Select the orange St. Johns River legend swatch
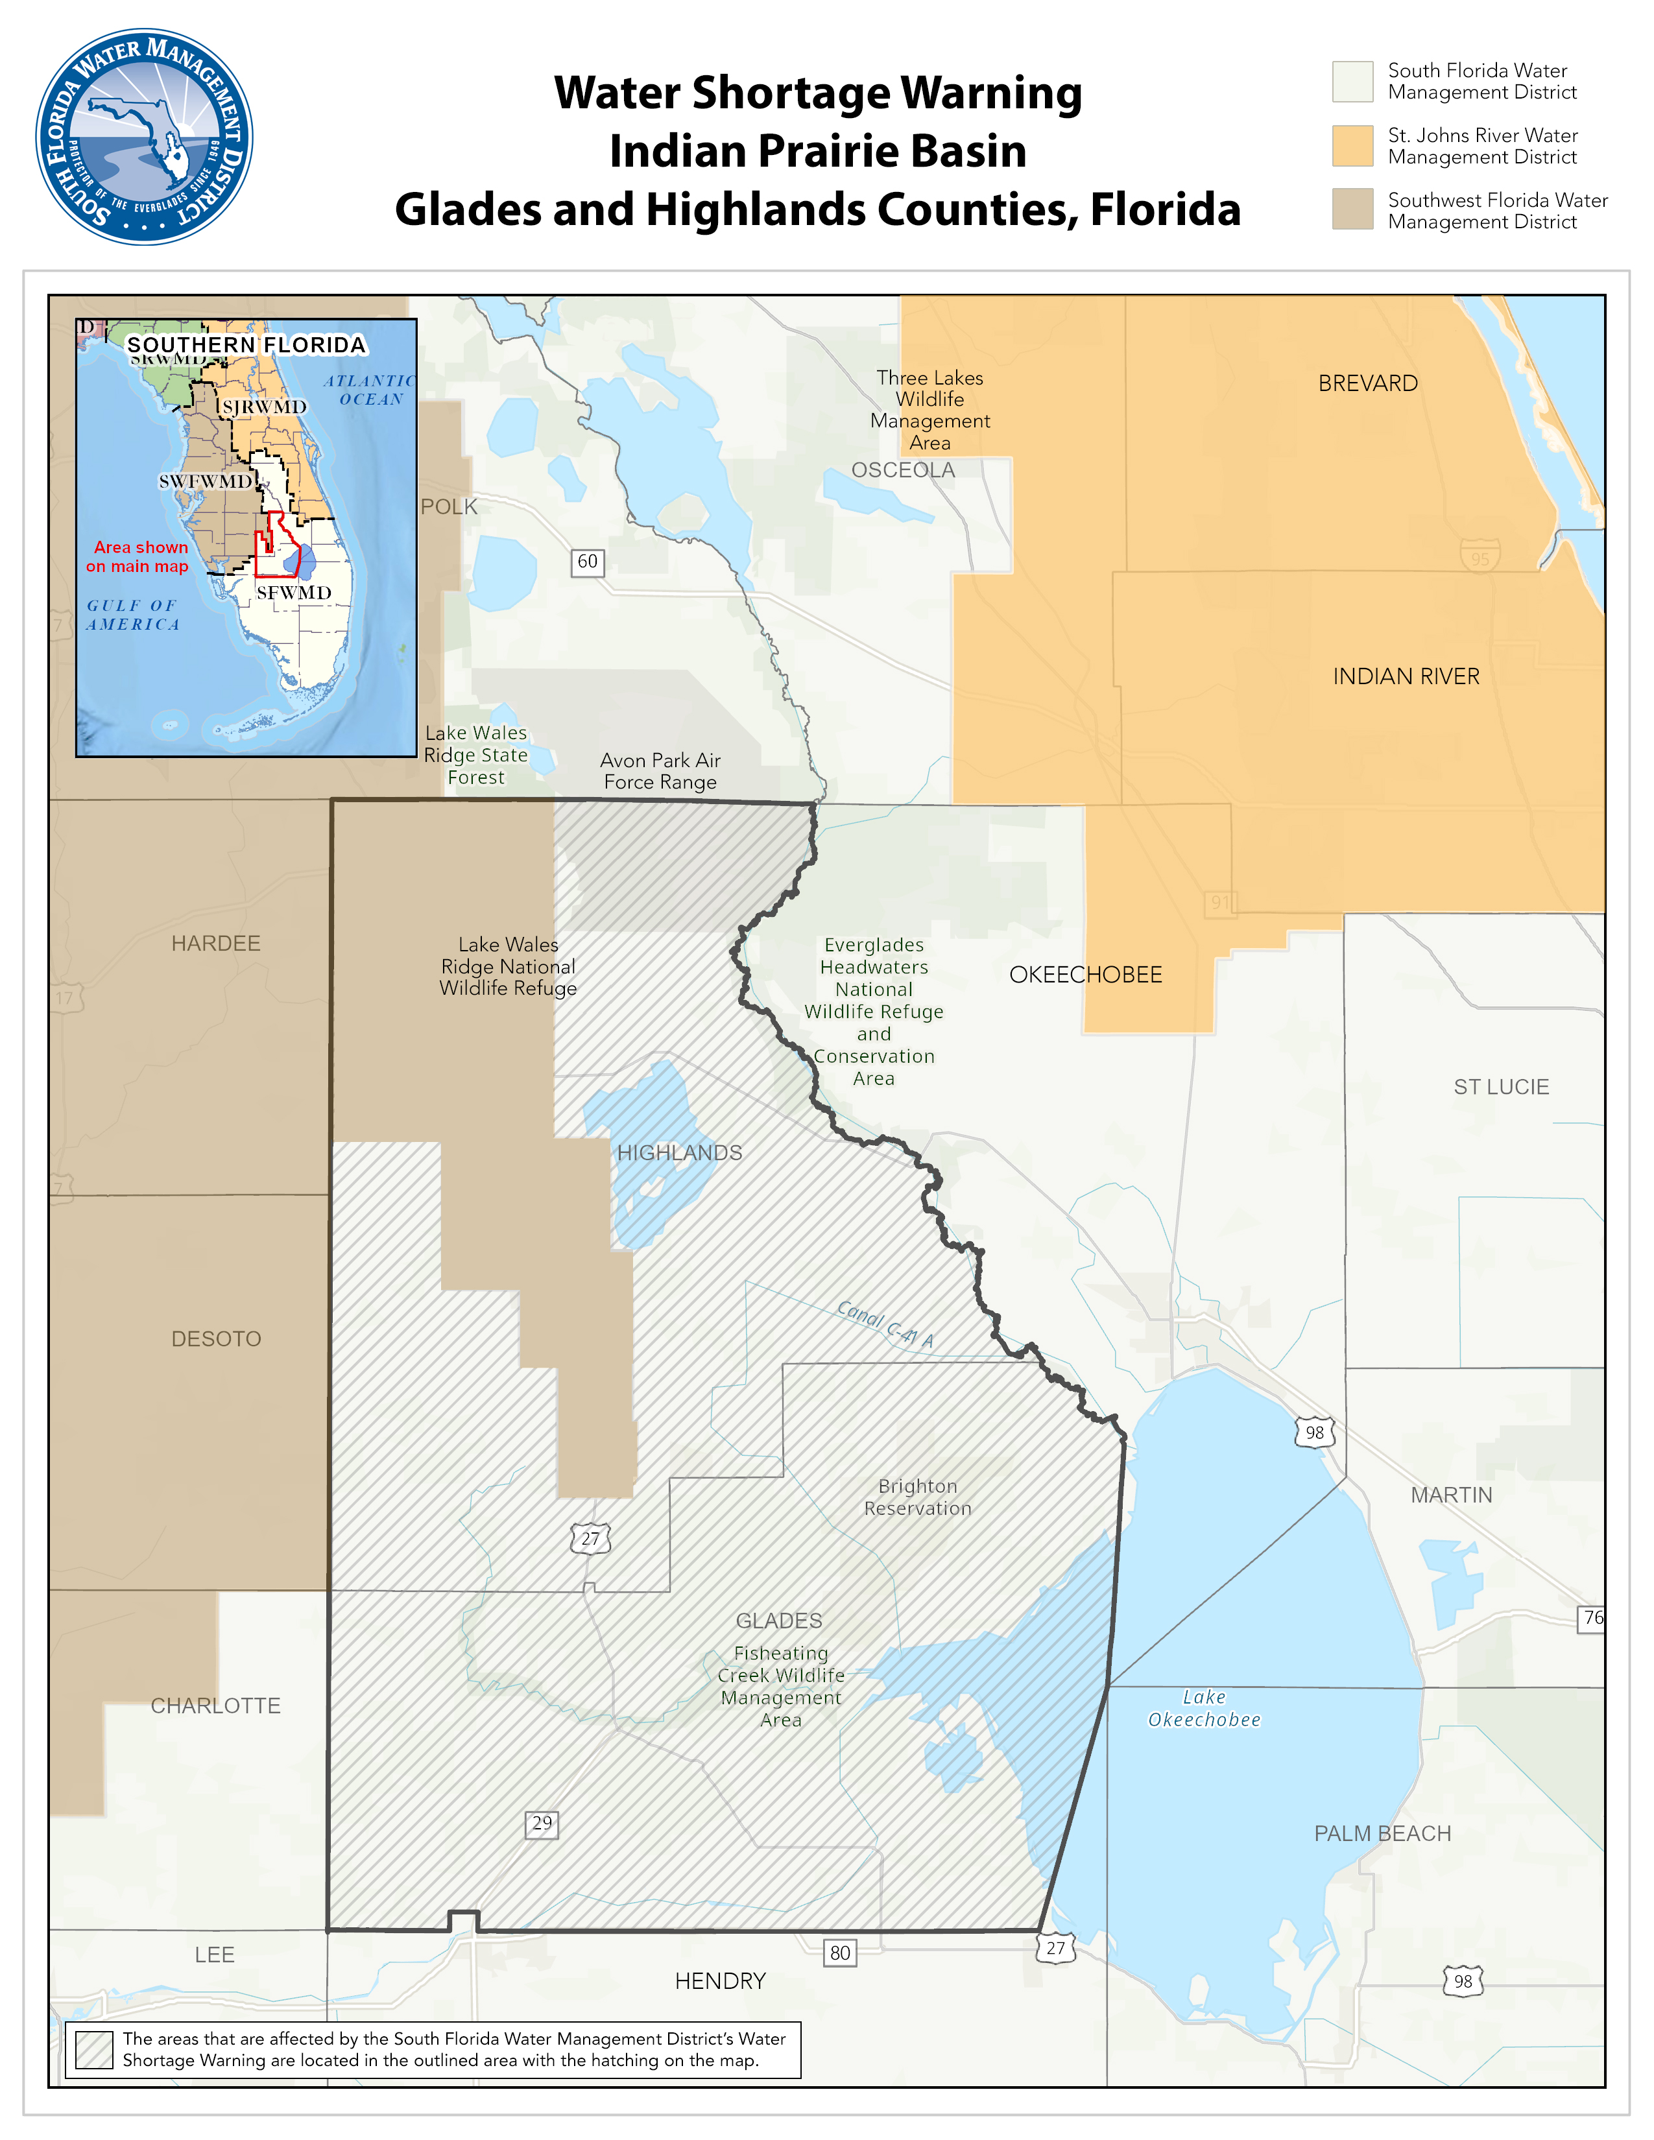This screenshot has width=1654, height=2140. tap(1352, 146)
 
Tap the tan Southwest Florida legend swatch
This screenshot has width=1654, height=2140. tap(1352, 209)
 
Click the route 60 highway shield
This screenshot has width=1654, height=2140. tap(587, 562)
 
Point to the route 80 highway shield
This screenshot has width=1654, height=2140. tap(840, 1952)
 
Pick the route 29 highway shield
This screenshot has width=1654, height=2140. tap(542, 1824)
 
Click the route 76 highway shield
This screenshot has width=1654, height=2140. tap(1592, 1618)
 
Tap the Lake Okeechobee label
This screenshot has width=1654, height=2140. tap(1205, 1708)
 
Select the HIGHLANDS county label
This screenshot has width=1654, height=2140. tap(679, 1152)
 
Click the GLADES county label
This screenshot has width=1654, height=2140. tap(779, 1621)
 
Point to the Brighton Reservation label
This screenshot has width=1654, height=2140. tap(917, 1497)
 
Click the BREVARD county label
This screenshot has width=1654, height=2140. tap(1368, 383)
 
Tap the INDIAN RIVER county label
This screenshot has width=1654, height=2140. tap(1406, 676)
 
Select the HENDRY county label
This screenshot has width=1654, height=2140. tap(720, 1981)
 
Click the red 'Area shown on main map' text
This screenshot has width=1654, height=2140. tap(138, 556)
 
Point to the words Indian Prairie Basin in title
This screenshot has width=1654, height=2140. tap(817, 151)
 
